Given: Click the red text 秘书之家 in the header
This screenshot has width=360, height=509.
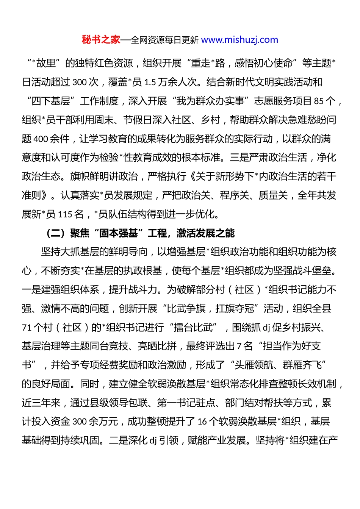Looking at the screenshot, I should tap(100, 40).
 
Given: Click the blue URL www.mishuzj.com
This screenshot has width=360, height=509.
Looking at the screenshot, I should tap(239, 40).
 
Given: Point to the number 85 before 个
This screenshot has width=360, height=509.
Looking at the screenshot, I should tap(319, 101).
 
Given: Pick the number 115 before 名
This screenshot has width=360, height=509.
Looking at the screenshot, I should tap(65, 214).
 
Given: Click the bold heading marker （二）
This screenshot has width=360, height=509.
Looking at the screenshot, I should tap(56, 233).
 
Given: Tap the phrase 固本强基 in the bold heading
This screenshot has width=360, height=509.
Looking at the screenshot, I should tap(119, 233).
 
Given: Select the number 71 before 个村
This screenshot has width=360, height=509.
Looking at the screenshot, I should tap(27, 327).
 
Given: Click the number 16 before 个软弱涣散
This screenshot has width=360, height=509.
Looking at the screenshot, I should tap(202, 422).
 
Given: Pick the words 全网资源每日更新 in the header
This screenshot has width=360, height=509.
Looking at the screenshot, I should tap(164, 40).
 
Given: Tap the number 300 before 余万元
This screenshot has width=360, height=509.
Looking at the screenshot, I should tap(79, 422).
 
